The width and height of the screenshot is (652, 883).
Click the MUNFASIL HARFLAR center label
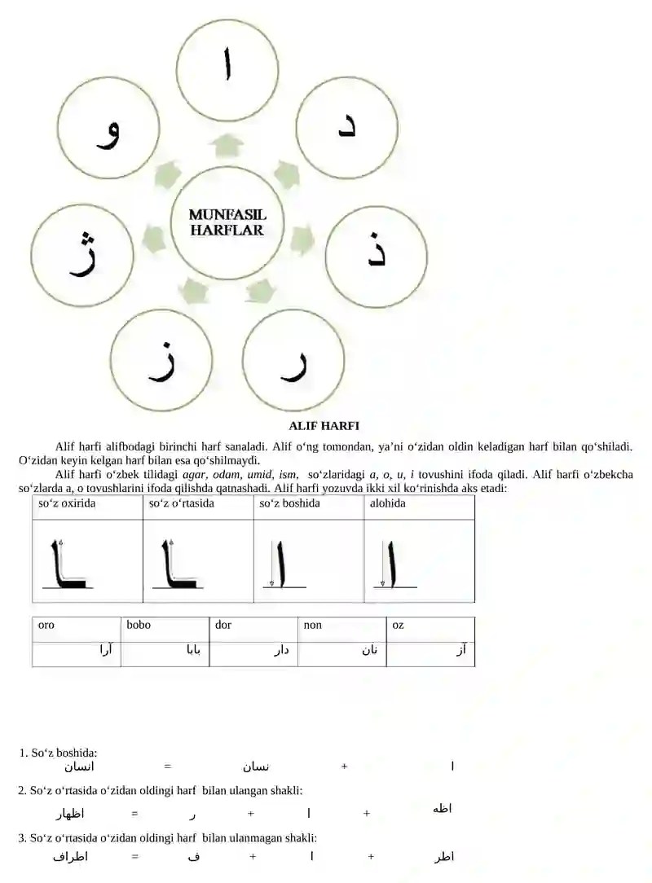[x=227, y=222]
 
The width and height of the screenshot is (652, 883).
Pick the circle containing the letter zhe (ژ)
[x=81, y=255]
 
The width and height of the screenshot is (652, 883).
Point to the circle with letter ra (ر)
[x=293, y=359]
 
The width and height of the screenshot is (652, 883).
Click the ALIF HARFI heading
[x=324, y=425]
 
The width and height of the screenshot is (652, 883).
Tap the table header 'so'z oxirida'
[x=67, y=503]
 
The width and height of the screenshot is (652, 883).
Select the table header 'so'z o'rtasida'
[x=181, y=503]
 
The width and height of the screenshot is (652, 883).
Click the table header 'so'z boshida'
[x=289, y=503]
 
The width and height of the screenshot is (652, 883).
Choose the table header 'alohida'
[x=387, y=503]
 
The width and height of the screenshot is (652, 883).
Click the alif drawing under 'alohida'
[x=392, y=562]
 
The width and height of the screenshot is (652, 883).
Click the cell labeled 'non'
[x=312, y=625]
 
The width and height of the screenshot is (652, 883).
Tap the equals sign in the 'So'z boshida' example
[x=167, y=766]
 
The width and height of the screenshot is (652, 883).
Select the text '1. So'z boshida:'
[x=58, y=753]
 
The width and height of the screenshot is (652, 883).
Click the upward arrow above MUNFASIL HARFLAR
[x=227, y=147]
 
